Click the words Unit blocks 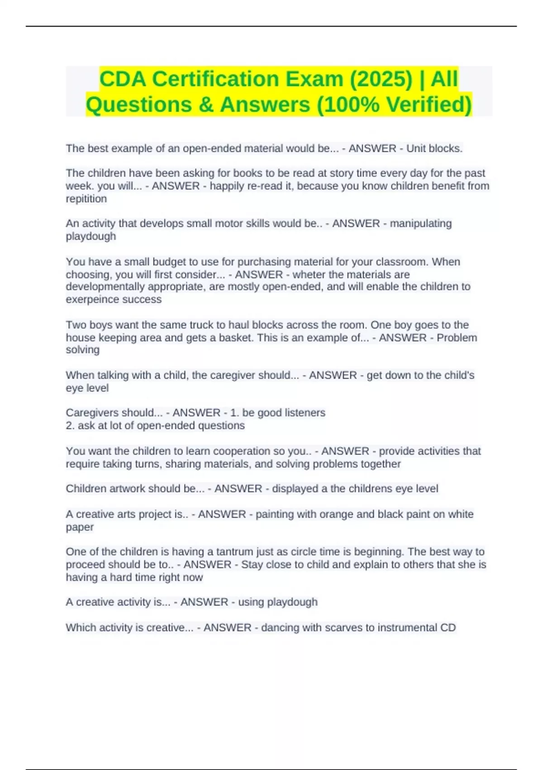pyautogui.click(x=434, y=149)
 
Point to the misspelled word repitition pyautogui.click(x=86, y=199)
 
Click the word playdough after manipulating pyautogui.click(x=91, y=236)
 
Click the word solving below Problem pyautogui.click(x=82, y=350)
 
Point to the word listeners pyautogui.click(x=304, y=413)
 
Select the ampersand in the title pyautogui.click(x=206, y=105)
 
